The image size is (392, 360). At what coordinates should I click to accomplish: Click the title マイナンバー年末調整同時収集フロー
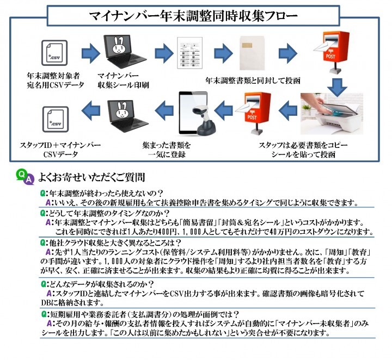coord(196,16)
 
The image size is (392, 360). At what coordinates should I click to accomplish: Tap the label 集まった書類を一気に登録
coord(167,150)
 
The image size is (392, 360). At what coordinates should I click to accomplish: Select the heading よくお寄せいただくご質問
coord(92,177)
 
